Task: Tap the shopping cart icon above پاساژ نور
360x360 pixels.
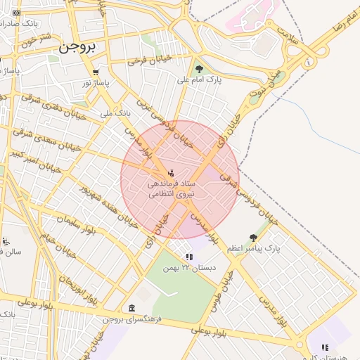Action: (x=96, y=72)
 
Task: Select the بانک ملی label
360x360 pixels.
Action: (x=116, y=112)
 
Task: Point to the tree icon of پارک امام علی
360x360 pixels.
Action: (x=200, y=69)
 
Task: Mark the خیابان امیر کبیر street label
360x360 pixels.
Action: (x=28, y=157)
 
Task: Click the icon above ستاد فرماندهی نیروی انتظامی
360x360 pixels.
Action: (x=171, y=172)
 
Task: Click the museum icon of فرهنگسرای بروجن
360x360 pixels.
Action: (x=132, y=307)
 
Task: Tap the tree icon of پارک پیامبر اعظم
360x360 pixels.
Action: (x=253, y=238)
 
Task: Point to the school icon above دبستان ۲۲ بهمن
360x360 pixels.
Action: (x=188, y=257)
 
